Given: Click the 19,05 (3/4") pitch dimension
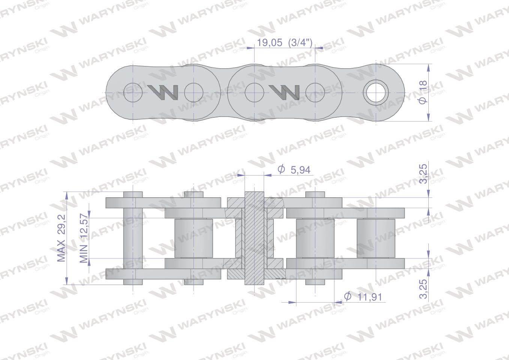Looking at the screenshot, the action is [284, 42].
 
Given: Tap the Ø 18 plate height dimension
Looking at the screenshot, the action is [423, 93].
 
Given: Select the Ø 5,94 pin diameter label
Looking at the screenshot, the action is [294, 169].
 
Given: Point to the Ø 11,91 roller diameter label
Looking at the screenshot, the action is [363, 297].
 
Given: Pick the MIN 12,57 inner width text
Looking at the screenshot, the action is [84, 239].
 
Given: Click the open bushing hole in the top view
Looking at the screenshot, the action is [376, 93].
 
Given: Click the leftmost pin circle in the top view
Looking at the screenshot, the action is [133, 93].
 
